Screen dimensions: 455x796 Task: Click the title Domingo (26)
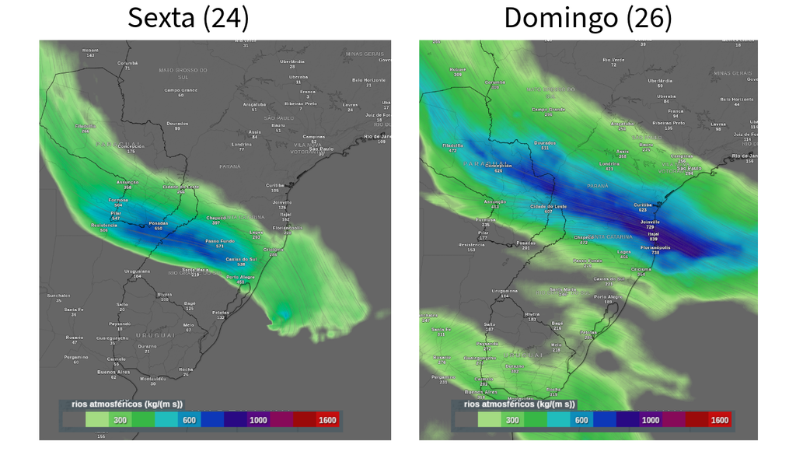588,17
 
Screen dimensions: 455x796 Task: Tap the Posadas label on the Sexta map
158,224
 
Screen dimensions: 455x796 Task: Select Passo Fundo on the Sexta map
219,242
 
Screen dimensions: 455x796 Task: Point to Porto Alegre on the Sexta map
240,278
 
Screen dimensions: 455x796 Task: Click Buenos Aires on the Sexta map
113,372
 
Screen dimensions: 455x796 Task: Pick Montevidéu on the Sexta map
153,379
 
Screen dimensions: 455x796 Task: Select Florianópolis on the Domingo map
655,247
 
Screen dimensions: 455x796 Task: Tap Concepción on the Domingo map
498,166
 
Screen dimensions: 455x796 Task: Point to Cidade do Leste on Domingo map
547,206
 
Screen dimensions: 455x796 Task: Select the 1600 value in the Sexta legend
327,420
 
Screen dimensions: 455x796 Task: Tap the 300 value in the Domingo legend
512,420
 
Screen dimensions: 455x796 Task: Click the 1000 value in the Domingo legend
650,420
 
